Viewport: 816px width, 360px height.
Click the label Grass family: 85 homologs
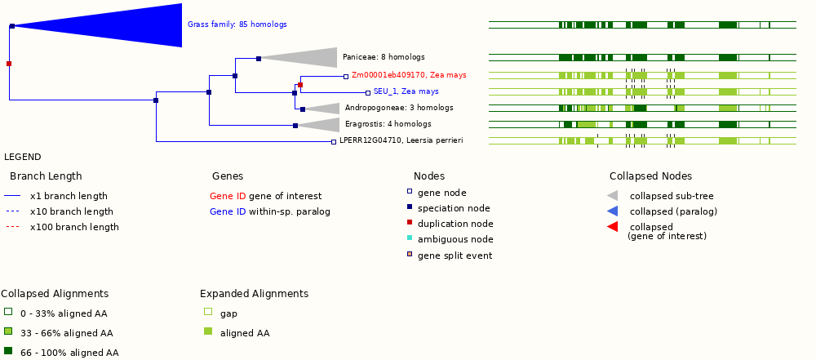237,24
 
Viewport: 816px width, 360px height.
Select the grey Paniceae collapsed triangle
310,57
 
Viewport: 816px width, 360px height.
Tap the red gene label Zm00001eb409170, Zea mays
409,75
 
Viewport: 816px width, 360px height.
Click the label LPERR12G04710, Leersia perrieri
401,140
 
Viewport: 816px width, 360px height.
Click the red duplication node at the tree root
9,63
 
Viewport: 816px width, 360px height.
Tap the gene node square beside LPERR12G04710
333,141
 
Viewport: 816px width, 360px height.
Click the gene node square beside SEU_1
367,92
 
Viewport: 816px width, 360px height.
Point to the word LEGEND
22,157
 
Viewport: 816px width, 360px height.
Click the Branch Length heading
46,176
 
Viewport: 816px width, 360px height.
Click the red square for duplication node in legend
410,223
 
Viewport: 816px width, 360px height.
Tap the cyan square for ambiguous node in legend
410,238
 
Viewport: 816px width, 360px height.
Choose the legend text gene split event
455,256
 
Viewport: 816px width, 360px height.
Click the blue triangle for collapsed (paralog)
613,211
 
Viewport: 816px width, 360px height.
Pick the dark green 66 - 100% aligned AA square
8,351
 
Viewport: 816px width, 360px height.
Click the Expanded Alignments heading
254,294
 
